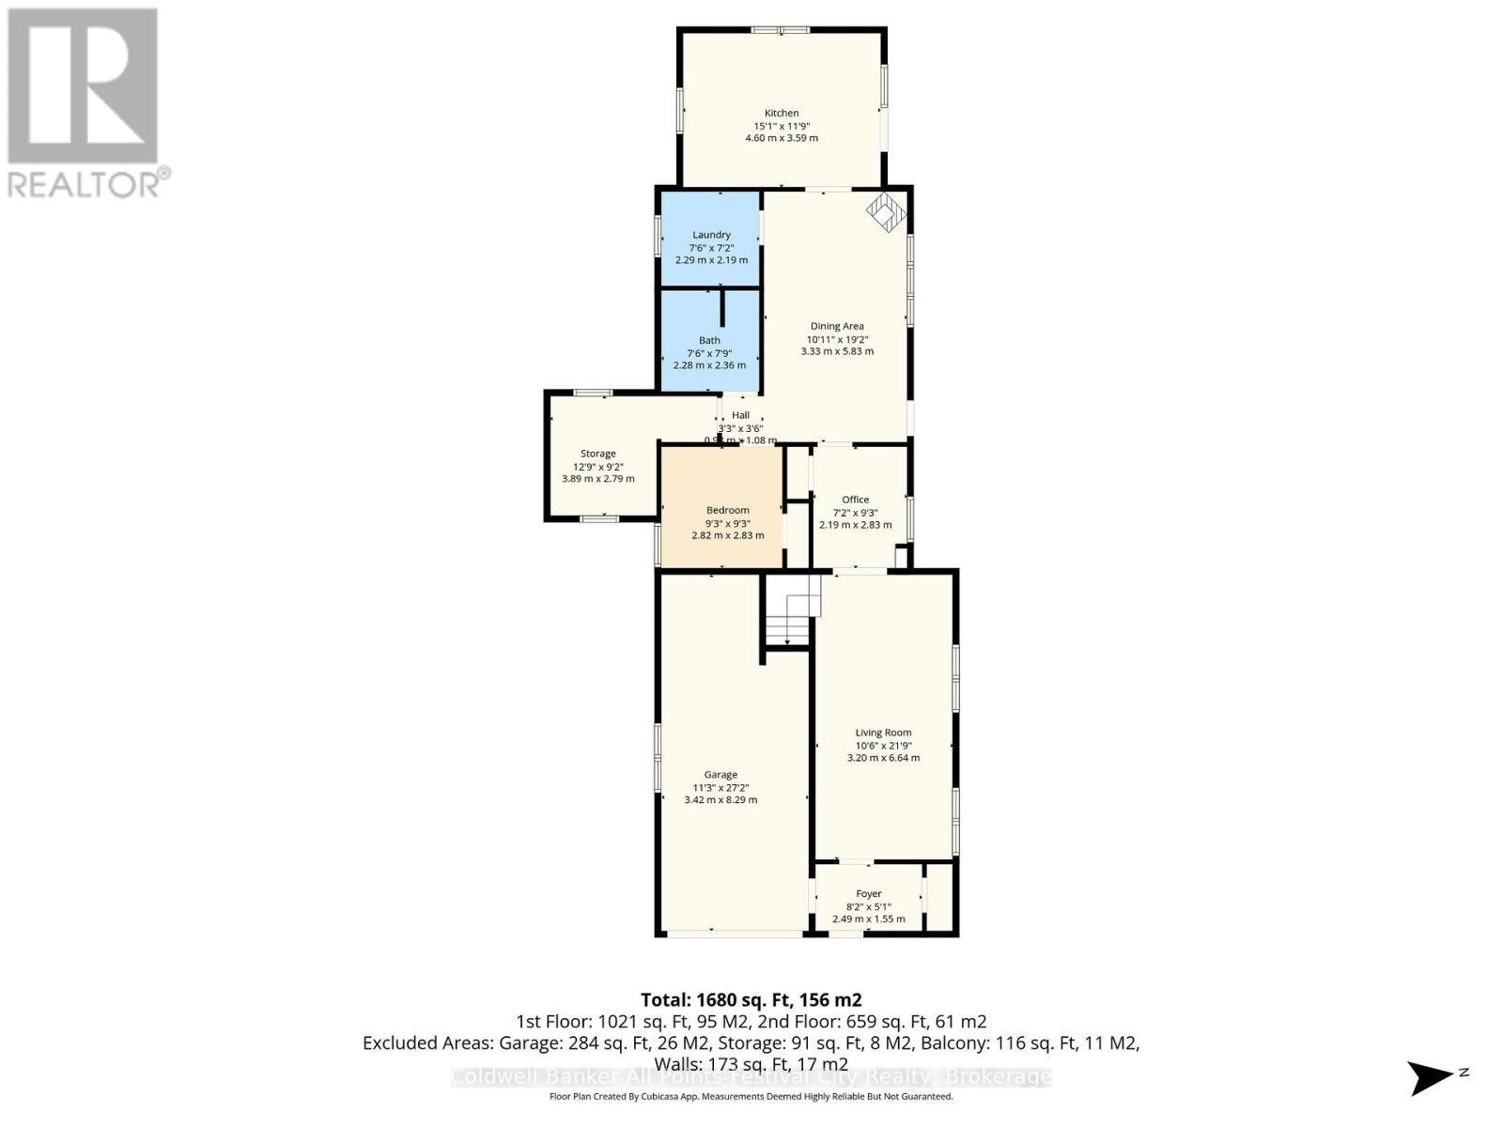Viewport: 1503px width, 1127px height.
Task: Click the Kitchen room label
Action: click(781, 113)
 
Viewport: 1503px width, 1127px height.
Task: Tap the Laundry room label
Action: click(711, 235)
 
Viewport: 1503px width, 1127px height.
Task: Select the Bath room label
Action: click(709, 341)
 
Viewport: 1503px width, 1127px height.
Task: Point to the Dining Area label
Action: click(837, 326)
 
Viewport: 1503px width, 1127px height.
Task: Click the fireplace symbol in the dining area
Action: click(885, 212)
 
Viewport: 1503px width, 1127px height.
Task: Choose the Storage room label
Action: click(597, 454)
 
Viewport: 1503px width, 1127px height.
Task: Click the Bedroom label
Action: click(727, 510)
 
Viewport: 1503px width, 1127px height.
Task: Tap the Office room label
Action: click(855, 500)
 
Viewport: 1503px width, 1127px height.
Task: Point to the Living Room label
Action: click(883, 733)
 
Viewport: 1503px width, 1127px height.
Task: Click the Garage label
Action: click(721, 775)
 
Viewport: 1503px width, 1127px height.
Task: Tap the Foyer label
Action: click(868, 894)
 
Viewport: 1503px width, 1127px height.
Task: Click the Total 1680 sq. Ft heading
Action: click(751, 1000)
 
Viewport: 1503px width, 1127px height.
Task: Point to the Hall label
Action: click(740, 415)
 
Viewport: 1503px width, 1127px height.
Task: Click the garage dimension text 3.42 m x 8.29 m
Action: click(721, 800)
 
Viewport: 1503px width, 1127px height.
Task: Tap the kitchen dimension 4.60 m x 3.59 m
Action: click(781, 138)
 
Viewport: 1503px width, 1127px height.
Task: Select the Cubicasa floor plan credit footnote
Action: click(751, 1097)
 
